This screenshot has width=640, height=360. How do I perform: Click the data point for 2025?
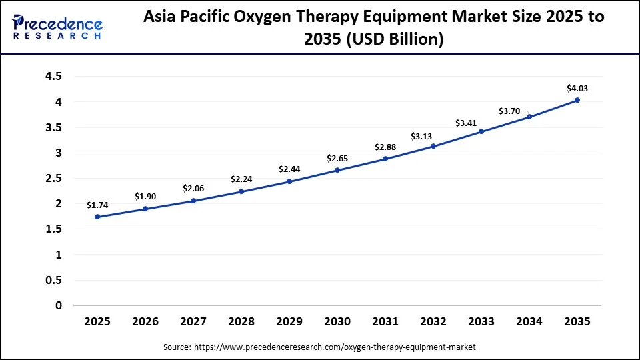[97, 217]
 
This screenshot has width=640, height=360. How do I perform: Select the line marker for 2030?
[337, 170]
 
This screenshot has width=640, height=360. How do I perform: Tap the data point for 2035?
[577, 100]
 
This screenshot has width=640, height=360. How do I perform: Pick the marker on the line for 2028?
[241, 191]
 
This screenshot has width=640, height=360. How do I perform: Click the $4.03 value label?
[577, 88]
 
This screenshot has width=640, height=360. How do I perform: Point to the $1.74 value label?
[97, 205]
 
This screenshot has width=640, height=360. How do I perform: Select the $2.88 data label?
[385, 147]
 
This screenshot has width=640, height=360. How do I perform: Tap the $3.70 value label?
[510, 111]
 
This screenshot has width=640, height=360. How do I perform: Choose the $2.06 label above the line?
[193, 189]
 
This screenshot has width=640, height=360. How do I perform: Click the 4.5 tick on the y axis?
[53, 77]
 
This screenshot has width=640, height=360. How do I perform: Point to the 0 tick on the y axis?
[59, 305]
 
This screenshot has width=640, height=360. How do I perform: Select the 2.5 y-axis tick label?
[53, 179]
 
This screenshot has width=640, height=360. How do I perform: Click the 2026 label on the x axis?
[145, 321]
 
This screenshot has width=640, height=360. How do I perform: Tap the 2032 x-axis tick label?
[433, 321]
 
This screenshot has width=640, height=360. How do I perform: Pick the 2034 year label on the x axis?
[529, 321]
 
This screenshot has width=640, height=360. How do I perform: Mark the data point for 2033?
[481, 131]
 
